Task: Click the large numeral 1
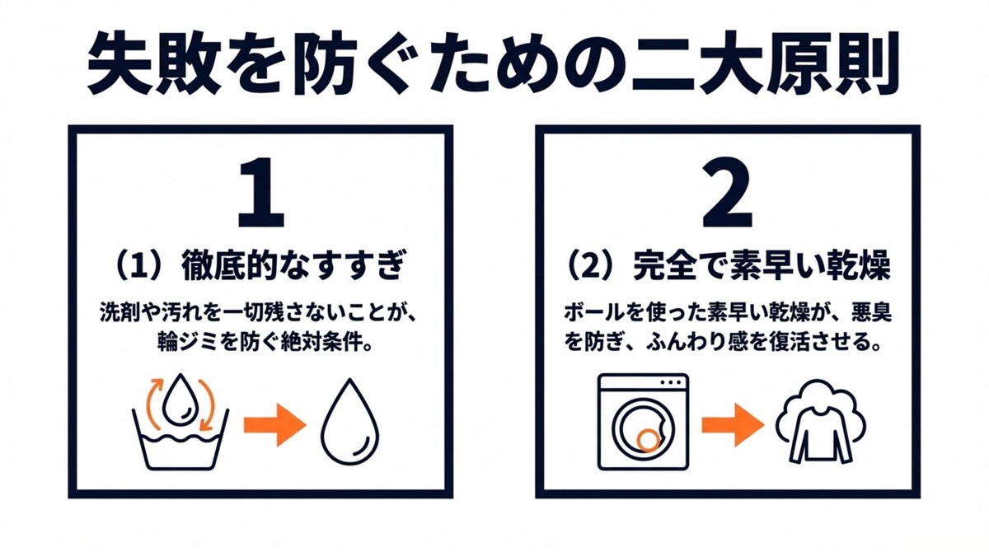point(260,194)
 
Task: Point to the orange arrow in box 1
point(274,426)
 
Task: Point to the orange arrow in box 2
point(732,426)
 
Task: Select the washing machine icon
point(643,421)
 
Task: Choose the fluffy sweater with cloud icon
point(814,421)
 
